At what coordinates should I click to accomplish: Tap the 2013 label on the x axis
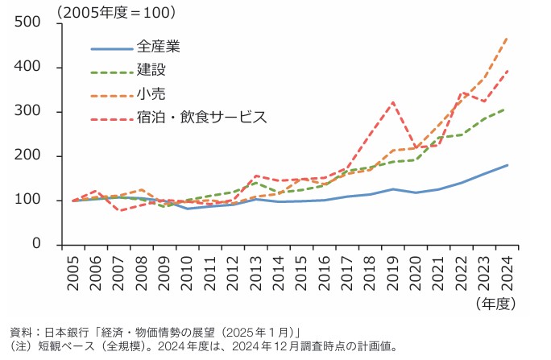tap(255, 268)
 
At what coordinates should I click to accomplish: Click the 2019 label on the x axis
tap(392, 268)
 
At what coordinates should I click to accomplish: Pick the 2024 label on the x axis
tap(507, 268)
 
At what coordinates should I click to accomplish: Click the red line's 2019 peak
tap(392, 102)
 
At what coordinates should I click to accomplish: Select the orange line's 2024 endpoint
tap(507, 38)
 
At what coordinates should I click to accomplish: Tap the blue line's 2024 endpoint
tap(507, 165)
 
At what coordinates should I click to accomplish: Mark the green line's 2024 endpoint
tap(507, 108)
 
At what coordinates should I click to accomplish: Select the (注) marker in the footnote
tap(18, 346)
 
